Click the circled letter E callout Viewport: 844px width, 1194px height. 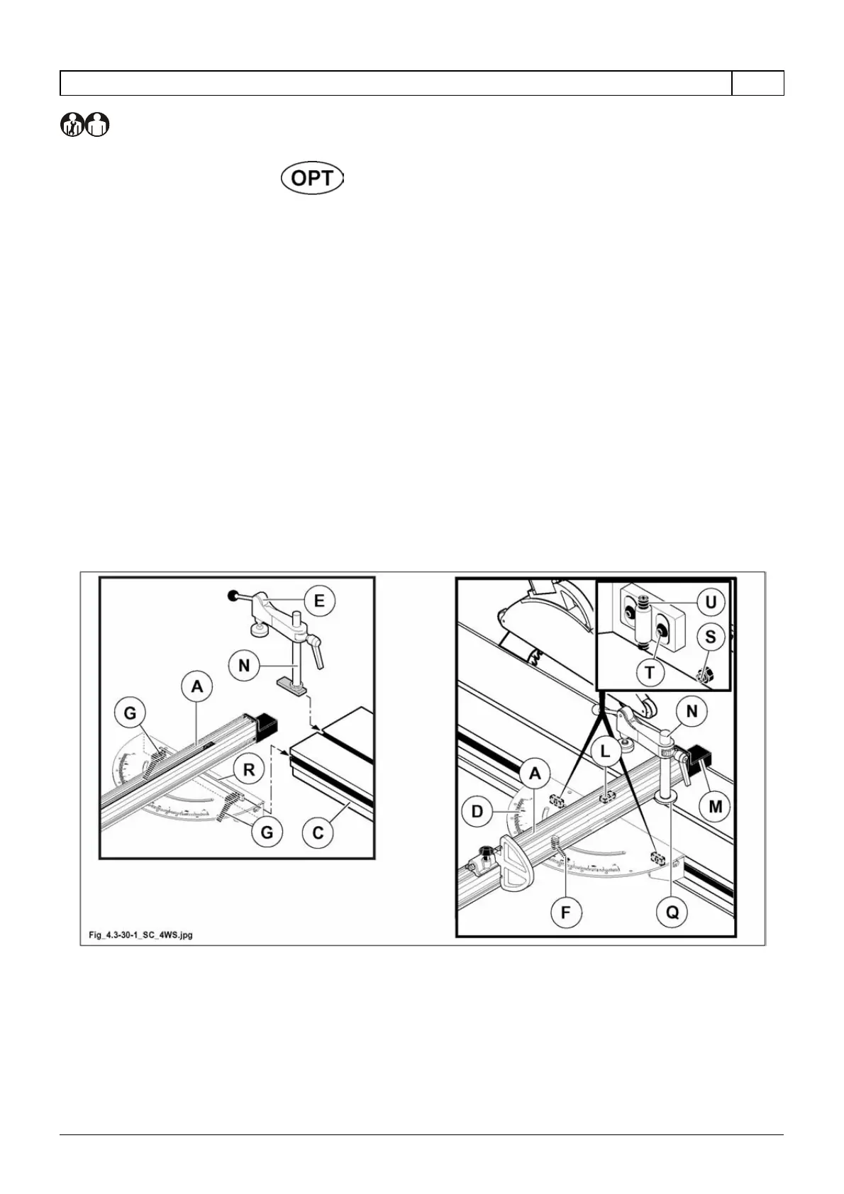(319, 601)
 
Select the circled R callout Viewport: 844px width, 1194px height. (249, 769)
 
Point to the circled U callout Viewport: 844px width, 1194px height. (710, 603)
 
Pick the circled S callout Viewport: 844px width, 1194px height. (710, 637)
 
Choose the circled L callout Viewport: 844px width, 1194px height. (605, 753)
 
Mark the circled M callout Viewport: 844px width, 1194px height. (715, 806)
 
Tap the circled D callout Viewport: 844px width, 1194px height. (477, 810)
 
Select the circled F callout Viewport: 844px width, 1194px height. (565, 911)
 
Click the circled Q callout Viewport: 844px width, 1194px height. (672, 911)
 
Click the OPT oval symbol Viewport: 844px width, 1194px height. (312, 179)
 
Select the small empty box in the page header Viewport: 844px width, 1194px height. (757, 83)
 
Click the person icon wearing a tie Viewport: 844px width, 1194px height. (72, 125)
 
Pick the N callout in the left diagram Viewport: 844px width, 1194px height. (245, 666)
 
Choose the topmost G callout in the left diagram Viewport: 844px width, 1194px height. (130, 713)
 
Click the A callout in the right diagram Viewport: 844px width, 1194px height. (535, 774)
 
